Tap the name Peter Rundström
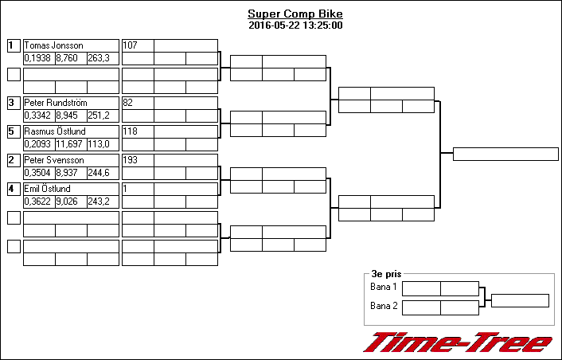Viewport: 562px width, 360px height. [56, 103]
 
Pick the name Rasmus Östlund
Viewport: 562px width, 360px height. [55, 131]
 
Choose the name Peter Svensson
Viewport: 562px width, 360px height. [54, 160]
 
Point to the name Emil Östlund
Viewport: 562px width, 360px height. [48, 189]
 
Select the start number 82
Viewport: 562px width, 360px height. [129, 103]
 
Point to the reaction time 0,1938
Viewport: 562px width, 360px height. [38, 58]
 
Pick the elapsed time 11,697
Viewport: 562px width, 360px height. [70, 144]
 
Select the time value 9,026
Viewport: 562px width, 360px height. [68, 202]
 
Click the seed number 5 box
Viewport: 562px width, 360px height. [14, 131]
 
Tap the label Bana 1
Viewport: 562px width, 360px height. [384, 287]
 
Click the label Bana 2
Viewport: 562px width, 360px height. [384, 306]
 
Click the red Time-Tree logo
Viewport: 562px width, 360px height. [458, 342]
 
